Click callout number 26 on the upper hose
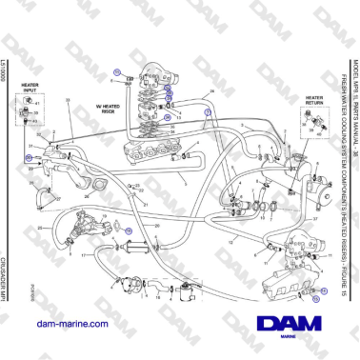pos(211,92)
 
